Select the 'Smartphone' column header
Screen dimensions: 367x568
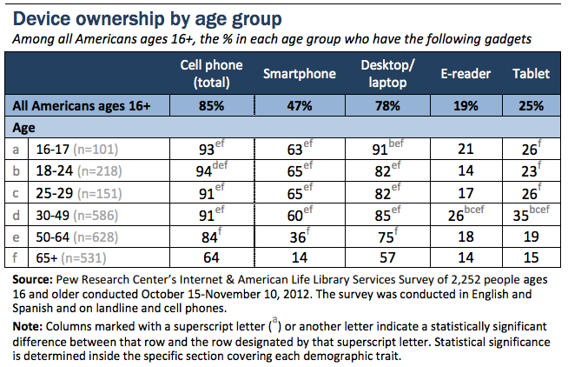[x=299, y=74]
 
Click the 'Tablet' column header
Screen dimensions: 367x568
[x=531, y=74]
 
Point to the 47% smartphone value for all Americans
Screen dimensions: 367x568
[x=299, y=106]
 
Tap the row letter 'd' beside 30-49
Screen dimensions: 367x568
[x=17, y=215]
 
